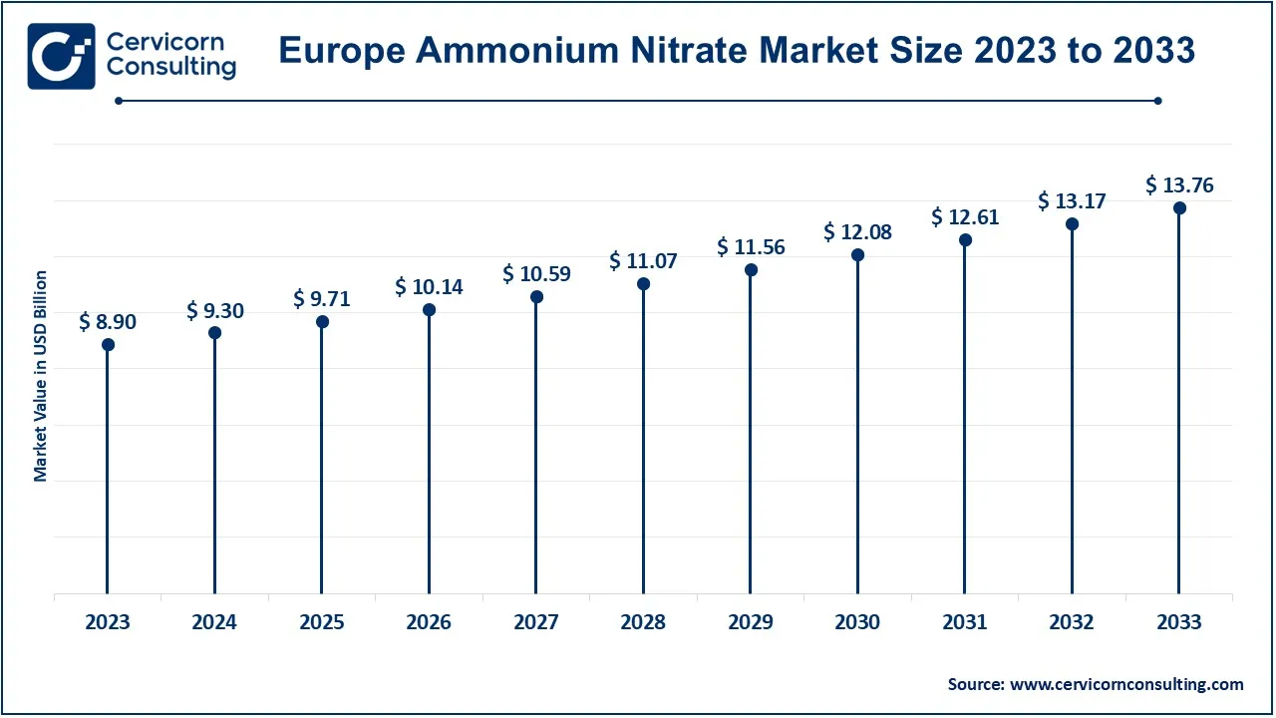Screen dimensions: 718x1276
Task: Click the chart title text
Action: [737, 50]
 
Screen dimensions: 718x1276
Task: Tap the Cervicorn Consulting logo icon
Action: [61, 56]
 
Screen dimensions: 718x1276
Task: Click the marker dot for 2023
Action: [108, 345]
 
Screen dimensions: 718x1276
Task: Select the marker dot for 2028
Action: [643, 284]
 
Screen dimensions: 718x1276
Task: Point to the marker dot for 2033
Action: [1179, 208]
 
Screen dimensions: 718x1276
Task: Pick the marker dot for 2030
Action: [857, 255]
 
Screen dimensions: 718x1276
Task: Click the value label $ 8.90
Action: [108, 321]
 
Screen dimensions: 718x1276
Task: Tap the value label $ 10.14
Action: [429, 287]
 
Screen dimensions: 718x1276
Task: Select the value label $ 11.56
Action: [751, 247]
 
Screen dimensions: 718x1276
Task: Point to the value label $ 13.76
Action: [1179, 184]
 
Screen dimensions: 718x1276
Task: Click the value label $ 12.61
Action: [965, 216]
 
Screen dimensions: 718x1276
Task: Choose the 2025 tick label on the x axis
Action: [322, 622]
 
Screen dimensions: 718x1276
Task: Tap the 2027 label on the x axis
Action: [536, 622]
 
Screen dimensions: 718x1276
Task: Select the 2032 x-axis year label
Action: [1072, 622]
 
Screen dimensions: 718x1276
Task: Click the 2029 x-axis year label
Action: [751, 622]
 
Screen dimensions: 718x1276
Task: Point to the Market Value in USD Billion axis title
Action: [41, 376]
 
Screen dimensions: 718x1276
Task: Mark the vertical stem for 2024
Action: [214, 469]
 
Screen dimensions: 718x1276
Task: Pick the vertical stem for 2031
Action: [965, 419]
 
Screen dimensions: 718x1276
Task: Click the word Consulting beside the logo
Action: [170, 68]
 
